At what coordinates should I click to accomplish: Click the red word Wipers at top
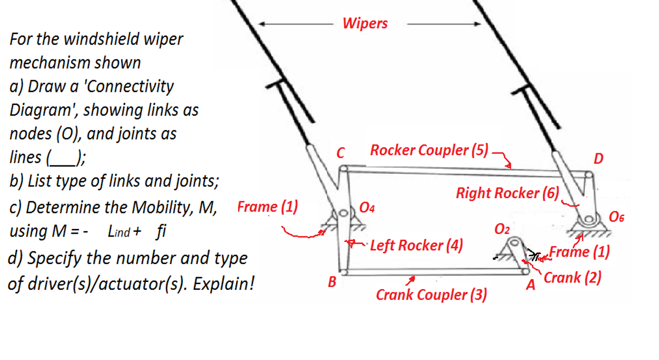365,23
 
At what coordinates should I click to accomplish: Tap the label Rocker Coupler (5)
429,150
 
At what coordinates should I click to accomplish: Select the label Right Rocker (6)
507,193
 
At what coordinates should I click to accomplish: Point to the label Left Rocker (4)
416,245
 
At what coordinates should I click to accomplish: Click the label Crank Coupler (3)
431,295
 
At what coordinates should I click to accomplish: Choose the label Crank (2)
572,278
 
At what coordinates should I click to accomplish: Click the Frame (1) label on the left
267,207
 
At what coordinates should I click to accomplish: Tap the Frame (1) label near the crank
579,252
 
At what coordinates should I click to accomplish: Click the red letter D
598,159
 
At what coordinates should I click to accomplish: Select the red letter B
332,283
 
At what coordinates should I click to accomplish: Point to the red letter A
531,286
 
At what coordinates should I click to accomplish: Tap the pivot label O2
502,229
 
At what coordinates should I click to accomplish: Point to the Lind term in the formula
119,232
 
